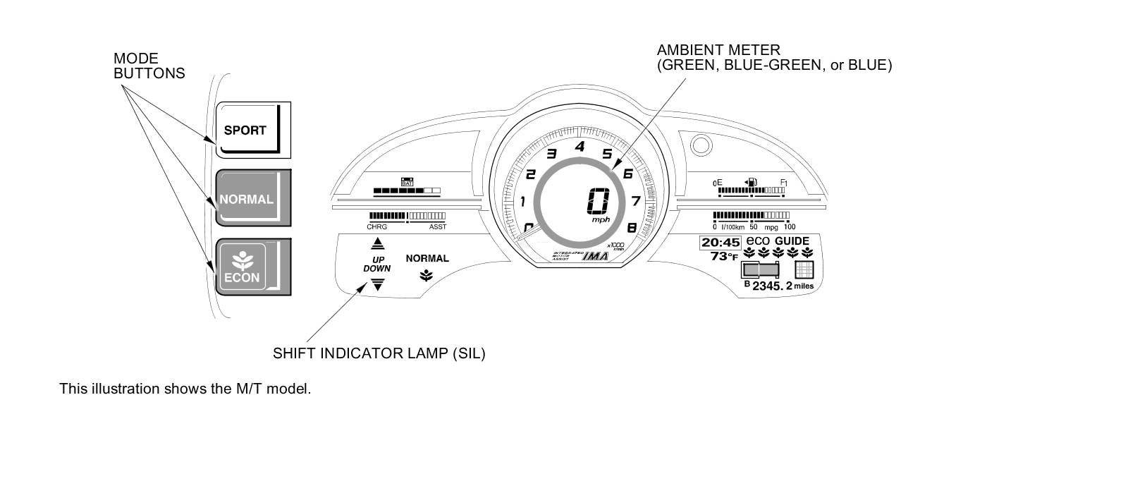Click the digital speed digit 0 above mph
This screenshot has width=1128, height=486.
[x=597, y=202]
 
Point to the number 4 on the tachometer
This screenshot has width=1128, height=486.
[x=580, y=147]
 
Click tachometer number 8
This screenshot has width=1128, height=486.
[x=631, y=227]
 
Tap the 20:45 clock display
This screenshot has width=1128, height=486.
[x=720, y=242]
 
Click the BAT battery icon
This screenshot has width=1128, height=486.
[x=407, y=181]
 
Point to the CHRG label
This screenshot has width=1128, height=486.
[x=376, y=227]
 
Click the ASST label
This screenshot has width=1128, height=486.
[x=437, y=227]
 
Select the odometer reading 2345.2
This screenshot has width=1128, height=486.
[x=772, y=286]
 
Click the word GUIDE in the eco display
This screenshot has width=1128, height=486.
[x=792, y=241]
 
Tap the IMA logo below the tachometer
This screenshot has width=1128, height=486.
[x=595, y=257]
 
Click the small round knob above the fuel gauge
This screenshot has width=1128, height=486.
[x=700, y=146]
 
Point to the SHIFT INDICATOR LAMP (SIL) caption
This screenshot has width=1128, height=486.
[x=379, y=353]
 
